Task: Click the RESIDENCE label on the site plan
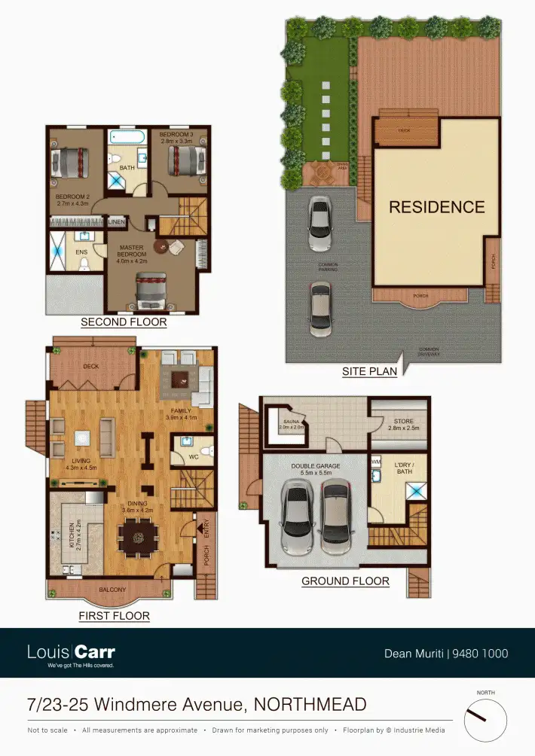pyautogui.click(x=437, y=206)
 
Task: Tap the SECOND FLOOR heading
pyautogui.click(x=124, y=322)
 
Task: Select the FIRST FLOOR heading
pyautogui.click(x=114, y=616)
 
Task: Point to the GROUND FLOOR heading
pyautogui.click(x=345, y=581)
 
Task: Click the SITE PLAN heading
pyautogui.click(x=369, y=371)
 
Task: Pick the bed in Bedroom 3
pyautogui.click(x=182, y=160)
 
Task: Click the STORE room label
pyautogui.click(x=404, y=422)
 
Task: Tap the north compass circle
pyautogui.click(x=485, y=721)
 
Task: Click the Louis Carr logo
pyautogui.click(x=71, y=653)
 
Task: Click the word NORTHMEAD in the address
pyautogui.click(x=310, y=705)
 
